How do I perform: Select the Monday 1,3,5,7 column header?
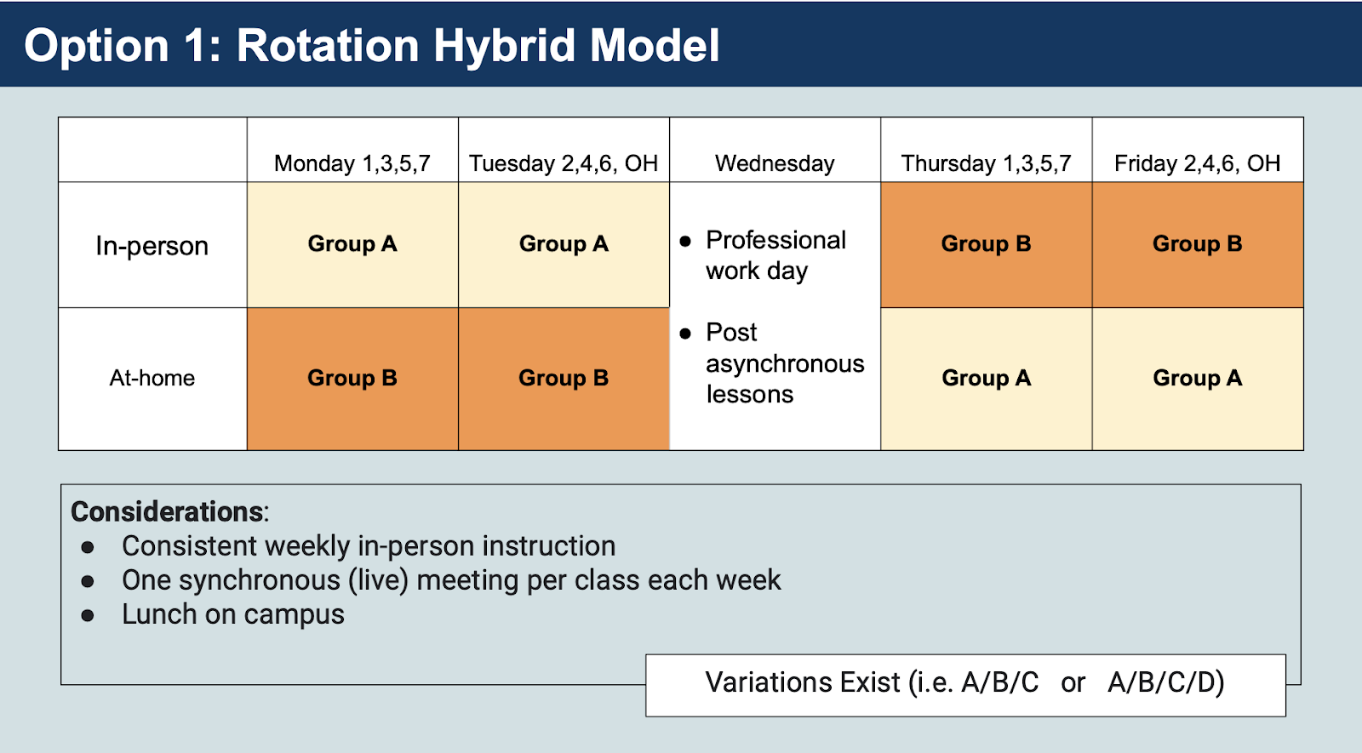click(352, 163)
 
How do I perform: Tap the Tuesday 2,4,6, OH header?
click(564, 163)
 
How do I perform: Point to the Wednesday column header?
click(775, 163)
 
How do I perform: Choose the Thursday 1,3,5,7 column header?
click(986, 163)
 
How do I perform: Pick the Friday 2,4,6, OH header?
click(1197, 163)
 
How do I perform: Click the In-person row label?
click(152, 246)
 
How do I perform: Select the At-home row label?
click(152, 378)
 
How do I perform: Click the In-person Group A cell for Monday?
click(352, 245)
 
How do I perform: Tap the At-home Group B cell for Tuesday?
click(564, 379)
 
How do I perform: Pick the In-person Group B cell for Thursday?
click(987, 245)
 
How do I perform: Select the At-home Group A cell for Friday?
click(1198, 379)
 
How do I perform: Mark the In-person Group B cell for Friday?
click(1198, 245)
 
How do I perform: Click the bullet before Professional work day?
click(685, 242)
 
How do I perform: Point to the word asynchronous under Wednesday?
click(785, 363)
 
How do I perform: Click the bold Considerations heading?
click(167, 511)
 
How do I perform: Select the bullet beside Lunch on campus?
click(88, 616)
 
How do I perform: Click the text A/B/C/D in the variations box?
click(1165, 682)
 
